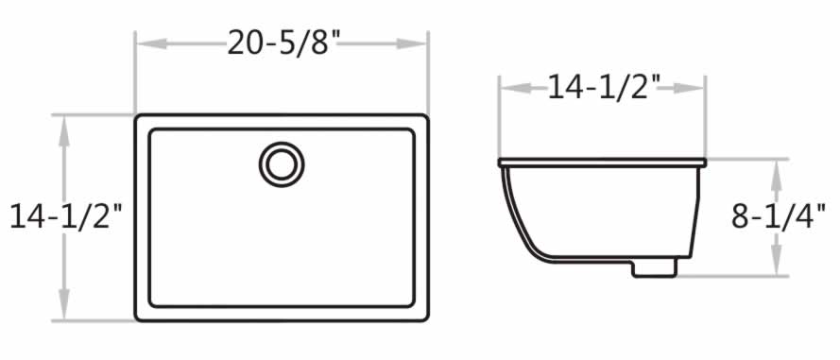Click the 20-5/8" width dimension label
tap(283, 43)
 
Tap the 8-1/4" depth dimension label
tap(779, 217)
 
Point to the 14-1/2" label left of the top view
tap(66, 216)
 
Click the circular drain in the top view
tap(282, 163)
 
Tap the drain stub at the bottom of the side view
tap(655, 268)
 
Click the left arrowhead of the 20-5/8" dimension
tap(151, 43)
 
